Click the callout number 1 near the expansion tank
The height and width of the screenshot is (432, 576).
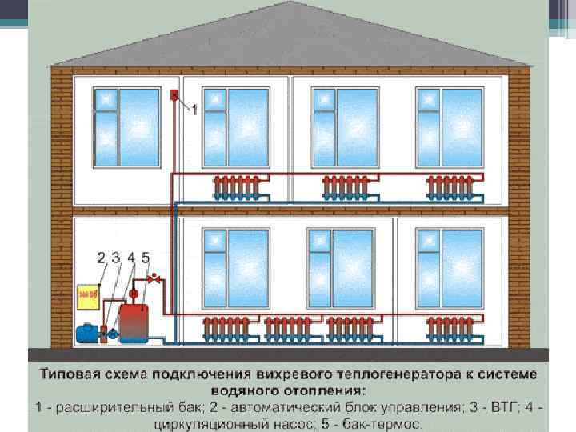(x=194, y=110)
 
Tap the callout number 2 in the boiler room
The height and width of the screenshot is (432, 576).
(x=102, y=258)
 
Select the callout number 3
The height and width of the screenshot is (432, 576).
(x=116, y=258)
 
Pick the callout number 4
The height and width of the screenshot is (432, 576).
(x=130, y=258)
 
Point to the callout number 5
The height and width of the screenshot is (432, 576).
(x=145, y=258)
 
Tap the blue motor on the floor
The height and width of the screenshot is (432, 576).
(x=84, y=331)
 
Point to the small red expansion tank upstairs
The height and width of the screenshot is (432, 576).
(x=174, y=96)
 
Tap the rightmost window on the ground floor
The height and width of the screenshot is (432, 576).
(x=449, y=268)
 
